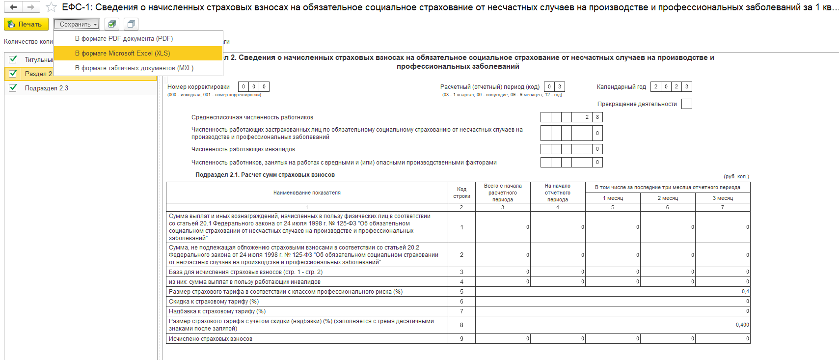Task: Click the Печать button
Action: [x=26, y=24]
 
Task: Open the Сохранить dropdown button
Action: [x=77, y=24]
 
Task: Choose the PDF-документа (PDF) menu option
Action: [x=124, y=39]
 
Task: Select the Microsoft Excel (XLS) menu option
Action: [x=122, y=54]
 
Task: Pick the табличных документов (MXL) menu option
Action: [x=134, y=68]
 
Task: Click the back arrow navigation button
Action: [x=13, y=7]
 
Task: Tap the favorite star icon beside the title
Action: [x=51, y=7]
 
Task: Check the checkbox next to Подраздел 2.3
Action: [x=13, y=88]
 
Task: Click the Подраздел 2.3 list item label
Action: [x=47, y=88]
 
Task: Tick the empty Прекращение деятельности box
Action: [x=687, y=104]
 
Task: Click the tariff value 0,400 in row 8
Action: [x=742, y=325]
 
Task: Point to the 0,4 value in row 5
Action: [x=745, y=292]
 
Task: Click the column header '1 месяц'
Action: [x=613, y=198]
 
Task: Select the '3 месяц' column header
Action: [x=723, y=198]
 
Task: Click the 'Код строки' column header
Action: [x=461, y=193]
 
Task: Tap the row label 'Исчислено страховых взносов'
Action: [x=211, y=339]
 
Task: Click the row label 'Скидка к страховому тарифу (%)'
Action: [x=214, y=302]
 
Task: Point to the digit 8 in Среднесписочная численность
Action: [x=597, y=117]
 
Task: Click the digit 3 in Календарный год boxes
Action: [x=687, y=87]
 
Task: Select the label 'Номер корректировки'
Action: [x=198, y=87]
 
